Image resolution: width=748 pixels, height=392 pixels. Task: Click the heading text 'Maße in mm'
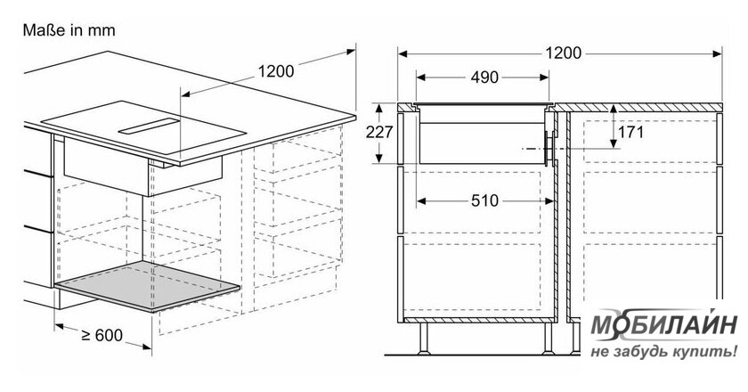69,30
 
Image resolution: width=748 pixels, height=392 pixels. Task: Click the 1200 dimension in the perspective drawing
276,71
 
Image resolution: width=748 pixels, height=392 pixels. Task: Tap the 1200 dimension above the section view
564,53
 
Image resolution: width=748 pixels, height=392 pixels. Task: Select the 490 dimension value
484,78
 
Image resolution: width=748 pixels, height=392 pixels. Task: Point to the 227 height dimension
379,132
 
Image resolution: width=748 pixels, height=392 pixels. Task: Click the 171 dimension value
630,132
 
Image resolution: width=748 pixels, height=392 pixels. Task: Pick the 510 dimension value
484,201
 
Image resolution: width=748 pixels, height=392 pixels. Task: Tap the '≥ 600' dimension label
102,335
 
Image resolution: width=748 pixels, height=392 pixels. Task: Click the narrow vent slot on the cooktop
150,125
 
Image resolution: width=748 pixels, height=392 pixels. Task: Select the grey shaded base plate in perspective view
148,287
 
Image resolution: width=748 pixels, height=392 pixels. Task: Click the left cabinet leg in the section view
424,339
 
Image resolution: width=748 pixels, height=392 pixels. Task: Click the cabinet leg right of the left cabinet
548,339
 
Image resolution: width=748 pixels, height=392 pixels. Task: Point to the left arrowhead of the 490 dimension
420,78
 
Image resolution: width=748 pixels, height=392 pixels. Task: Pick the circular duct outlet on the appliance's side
549,149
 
